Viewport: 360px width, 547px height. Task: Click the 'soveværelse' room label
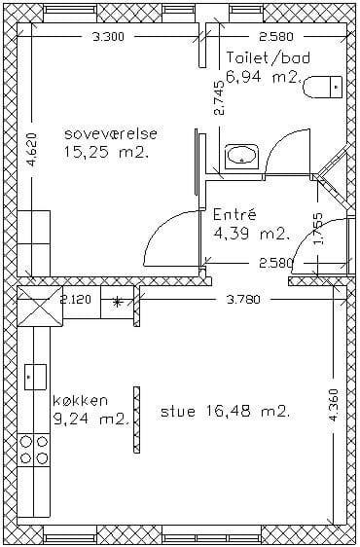(111, 133)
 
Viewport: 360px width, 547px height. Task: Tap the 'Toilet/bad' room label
(268, 57)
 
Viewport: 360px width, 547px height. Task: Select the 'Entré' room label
(234, 214)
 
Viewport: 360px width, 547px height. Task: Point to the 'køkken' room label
(80, 400)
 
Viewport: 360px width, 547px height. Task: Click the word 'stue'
(177, 412)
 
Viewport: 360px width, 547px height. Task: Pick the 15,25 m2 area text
(106, 152)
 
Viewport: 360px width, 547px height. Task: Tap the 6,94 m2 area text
(264, 77)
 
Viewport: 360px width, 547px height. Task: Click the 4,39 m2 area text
(251, 234)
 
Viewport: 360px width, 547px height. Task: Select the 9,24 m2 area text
(91, 419)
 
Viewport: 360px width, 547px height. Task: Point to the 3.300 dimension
(108, 36)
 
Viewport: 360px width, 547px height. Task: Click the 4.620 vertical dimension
(32, 150)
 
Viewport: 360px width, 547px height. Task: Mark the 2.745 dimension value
(220, 98)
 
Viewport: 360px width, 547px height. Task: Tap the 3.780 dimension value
(243, 300)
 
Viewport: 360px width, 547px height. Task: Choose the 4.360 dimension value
(334, 405)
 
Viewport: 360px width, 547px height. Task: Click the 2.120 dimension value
(75, 300)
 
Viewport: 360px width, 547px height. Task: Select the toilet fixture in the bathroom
(323, 87)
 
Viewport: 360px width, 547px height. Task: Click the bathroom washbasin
(241, 157)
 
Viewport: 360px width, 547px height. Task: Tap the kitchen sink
(35, 377)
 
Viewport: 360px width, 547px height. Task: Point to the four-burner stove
(33, 450)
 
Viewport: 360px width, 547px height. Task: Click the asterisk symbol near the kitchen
(118, 302)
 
